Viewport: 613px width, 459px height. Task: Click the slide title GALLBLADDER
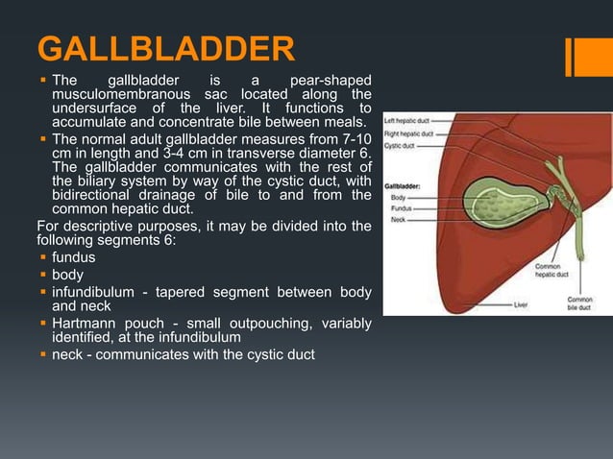tap(165, 50)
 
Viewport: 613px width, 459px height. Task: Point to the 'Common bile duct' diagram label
tap(579, 304)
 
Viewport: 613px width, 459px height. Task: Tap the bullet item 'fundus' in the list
tap(73, 258)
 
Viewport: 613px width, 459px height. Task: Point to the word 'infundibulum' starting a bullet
tap(96, 291)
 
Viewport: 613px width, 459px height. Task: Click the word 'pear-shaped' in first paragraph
tap(331, 79)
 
